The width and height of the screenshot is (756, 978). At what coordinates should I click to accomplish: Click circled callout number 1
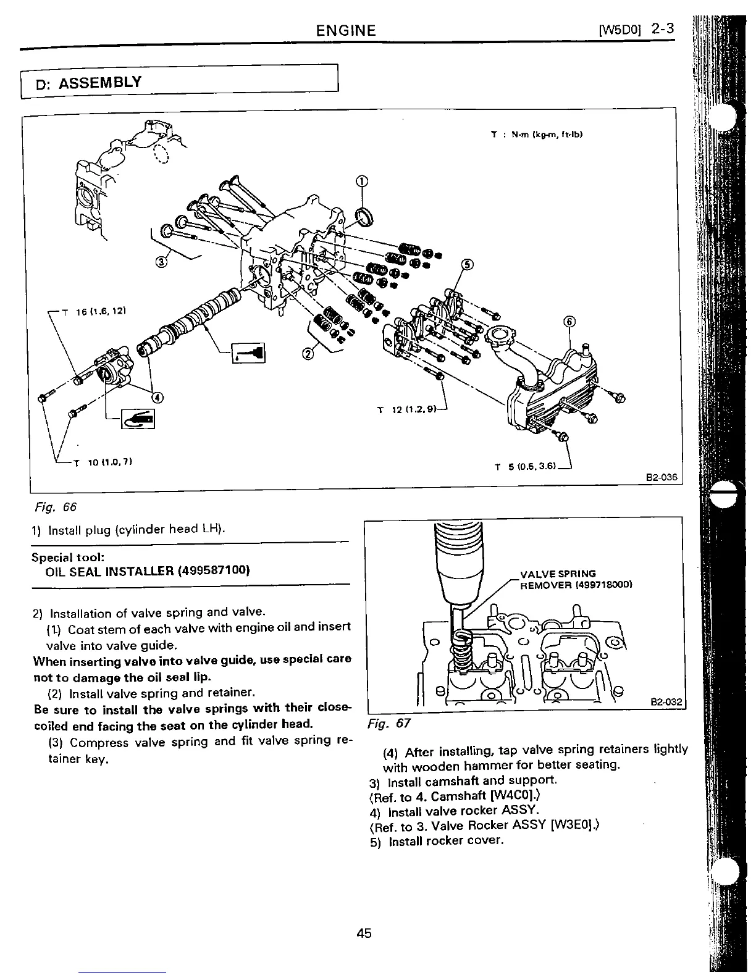[x=362, y=181]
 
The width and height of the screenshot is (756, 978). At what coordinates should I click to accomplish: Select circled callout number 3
[x=162, y=262]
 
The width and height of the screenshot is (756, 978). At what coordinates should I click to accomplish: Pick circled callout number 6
[x=569, y=321]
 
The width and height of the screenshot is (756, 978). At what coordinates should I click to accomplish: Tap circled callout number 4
[x=157, y=397]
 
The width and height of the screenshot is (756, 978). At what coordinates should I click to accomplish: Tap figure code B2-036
[x=661, y=477]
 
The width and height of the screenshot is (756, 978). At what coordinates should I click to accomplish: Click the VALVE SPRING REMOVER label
[x=576, y=579]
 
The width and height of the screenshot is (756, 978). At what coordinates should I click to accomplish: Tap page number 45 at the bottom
[x=364, y=933]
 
